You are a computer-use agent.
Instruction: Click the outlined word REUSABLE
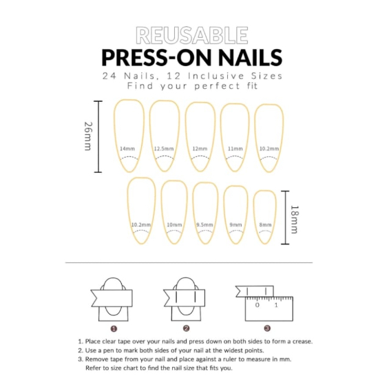[192, 35]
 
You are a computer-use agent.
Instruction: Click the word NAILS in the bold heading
[251, 57]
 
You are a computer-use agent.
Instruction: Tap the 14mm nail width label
[127, 149]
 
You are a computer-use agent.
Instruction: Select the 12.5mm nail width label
[164, 149]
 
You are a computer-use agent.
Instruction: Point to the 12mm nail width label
[200, 149]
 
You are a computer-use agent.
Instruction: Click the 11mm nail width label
[235, 149]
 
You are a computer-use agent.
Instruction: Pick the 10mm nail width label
[174, 224]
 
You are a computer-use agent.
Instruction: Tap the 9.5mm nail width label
[204, 224]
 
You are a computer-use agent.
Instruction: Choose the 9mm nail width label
[236, 224]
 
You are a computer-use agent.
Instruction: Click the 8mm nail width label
[265, 224]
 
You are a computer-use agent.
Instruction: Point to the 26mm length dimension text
[88, 136]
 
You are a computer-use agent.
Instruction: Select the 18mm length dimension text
[295, 220]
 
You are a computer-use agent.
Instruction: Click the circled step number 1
[114, 328]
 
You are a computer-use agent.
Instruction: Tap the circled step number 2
[186, 328]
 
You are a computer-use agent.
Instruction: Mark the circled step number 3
[267, 328]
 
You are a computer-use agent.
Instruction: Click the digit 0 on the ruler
[257, 305]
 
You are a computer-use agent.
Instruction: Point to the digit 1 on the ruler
[276, 305]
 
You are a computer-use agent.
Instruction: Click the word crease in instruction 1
[302, 341]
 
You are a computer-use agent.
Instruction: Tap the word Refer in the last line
[92, 368]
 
